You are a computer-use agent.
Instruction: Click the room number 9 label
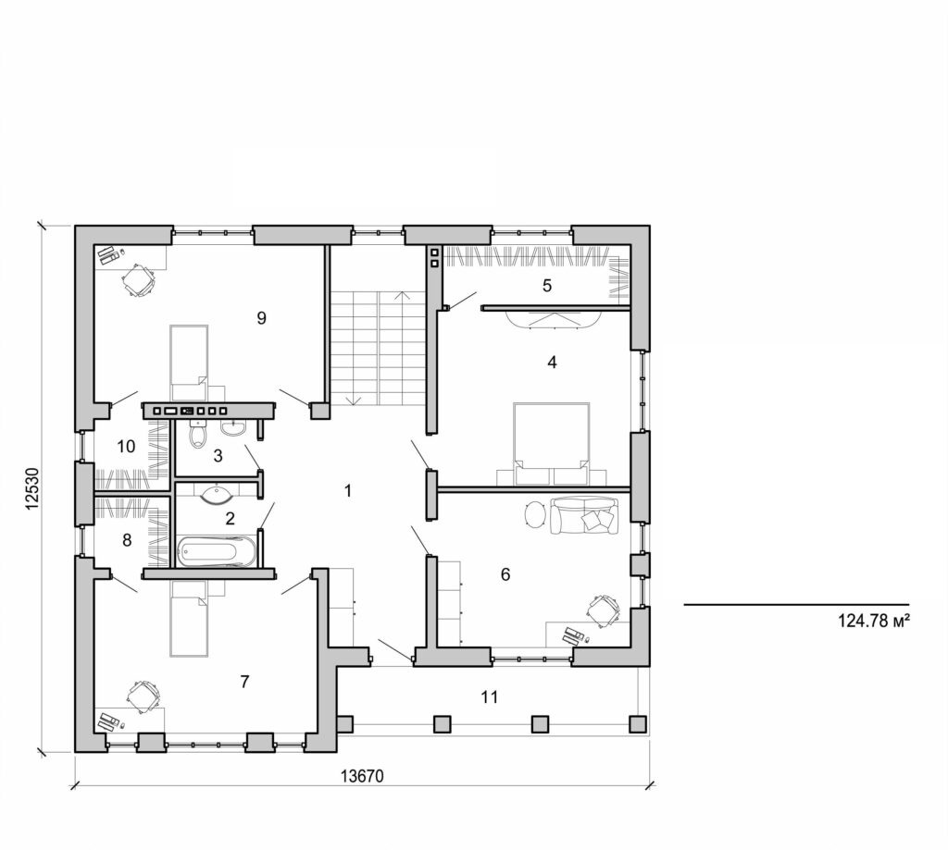pos(261,318)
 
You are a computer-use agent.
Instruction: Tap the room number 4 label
pos(552,363)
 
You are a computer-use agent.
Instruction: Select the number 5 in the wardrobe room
pos(547,286)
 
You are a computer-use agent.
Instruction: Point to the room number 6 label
pos(505,574)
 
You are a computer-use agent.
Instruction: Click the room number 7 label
pos(244,682)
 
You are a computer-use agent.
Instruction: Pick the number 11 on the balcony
pos(490,696)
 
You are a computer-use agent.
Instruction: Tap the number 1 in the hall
pos(348,491)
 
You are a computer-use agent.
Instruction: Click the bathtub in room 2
pos(218,552)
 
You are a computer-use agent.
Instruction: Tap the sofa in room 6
pos(582,516)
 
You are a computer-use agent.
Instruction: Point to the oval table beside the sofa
pos(536,514)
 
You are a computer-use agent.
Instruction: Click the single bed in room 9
pos(188,356)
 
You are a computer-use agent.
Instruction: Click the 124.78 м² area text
pos(875,622)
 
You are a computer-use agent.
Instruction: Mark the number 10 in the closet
pos(127,447)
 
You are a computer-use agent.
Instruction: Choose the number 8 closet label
pos(127,538)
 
